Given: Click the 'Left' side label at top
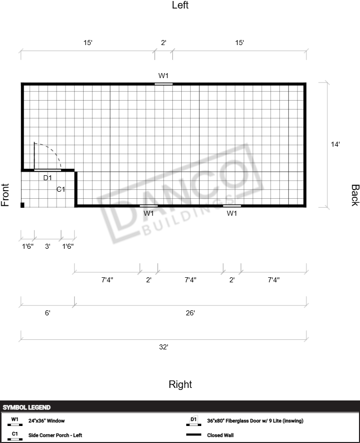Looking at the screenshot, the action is tap(180, 5).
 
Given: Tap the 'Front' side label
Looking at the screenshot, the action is tap(5, 195).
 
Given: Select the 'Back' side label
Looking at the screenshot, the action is tap(355, 195).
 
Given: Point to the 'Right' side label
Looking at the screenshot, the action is tap(180, 384).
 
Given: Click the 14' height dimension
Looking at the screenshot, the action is tap(335, 144).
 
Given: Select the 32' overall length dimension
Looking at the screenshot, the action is tap(164, 347).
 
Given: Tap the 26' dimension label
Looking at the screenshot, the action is tap(190, 313).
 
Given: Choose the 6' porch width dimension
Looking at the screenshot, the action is tap(48, 313).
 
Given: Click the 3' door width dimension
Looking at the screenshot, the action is tap(48, 246).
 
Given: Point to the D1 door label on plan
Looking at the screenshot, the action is tap(48, 178).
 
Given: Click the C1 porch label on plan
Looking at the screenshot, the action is tap(61, 189).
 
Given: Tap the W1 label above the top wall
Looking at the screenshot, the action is tap(163, 76).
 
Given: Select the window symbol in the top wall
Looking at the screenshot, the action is tap(164, 84).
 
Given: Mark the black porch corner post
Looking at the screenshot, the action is tap(23, 205).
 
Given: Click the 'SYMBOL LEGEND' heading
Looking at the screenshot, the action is tap(27, 407).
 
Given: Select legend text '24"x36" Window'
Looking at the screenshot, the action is tap(47, 420).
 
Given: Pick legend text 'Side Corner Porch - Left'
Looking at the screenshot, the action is tap(55, 435).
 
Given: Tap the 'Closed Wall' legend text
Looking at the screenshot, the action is tap(220, 435).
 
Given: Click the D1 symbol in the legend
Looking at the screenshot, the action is tap(194, 420).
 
